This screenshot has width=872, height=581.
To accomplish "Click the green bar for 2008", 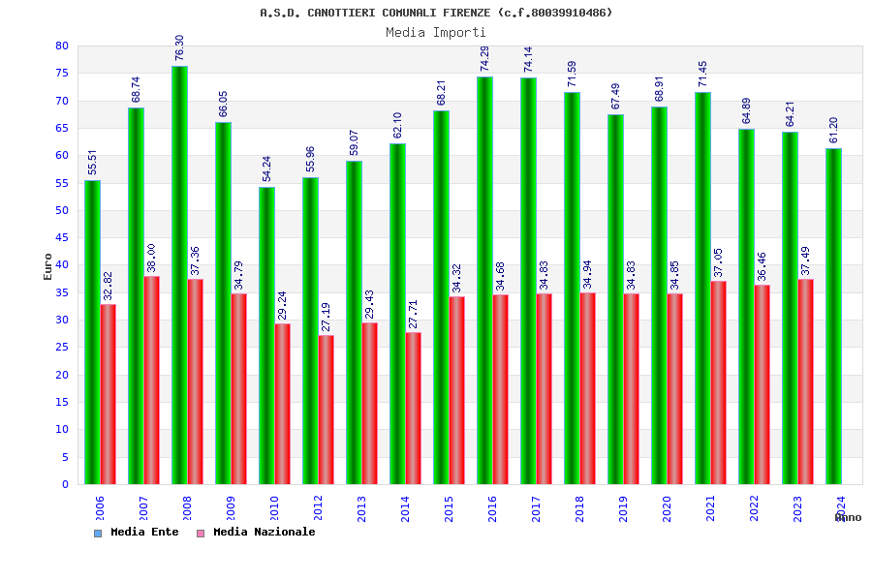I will click(179, 275).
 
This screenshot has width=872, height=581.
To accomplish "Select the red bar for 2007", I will click(152, 380).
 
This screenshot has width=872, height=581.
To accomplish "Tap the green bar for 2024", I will click(833, 316).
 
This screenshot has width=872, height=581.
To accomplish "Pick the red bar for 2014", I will click(414, 408).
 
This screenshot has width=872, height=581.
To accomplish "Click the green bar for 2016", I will click(484, 280).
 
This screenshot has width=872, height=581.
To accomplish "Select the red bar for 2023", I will click(806, 382).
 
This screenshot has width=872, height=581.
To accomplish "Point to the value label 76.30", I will click(179, 48).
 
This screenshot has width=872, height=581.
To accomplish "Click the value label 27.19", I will click(327, 317).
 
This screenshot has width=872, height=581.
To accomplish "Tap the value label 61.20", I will click(833, 131).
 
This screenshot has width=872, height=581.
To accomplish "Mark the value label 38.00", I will click(152, 258).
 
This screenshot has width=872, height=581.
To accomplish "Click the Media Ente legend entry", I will click(137, 532).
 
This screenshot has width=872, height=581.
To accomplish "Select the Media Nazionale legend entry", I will click(256, 532).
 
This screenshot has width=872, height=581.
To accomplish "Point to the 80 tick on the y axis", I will click(62, 46).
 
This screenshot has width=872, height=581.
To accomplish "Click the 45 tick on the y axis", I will click(62, 237).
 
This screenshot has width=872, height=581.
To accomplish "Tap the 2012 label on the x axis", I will click(319, 507).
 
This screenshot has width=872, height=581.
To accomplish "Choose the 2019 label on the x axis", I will click(624, 507).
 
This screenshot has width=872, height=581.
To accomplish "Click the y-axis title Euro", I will click(48, 266).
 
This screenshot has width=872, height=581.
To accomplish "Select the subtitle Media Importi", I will click(436, 32).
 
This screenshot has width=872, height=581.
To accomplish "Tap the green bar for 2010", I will click(266, 335).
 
